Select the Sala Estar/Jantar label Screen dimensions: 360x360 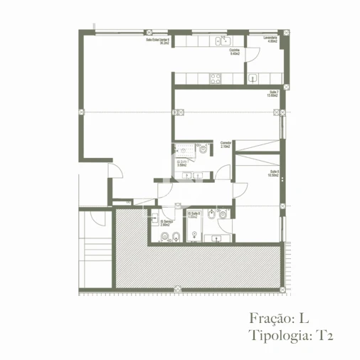pos(157,41)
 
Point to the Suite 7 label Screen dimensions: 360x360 pos(272,93)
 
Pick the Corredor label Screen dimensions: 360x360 pos(226,144)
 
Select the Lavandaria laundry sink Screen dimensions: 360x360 pos(254,78)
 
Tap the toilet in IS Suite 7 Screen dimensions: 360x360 pos(203,149)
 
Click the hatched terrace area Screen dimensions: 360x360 pos(199,267)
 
